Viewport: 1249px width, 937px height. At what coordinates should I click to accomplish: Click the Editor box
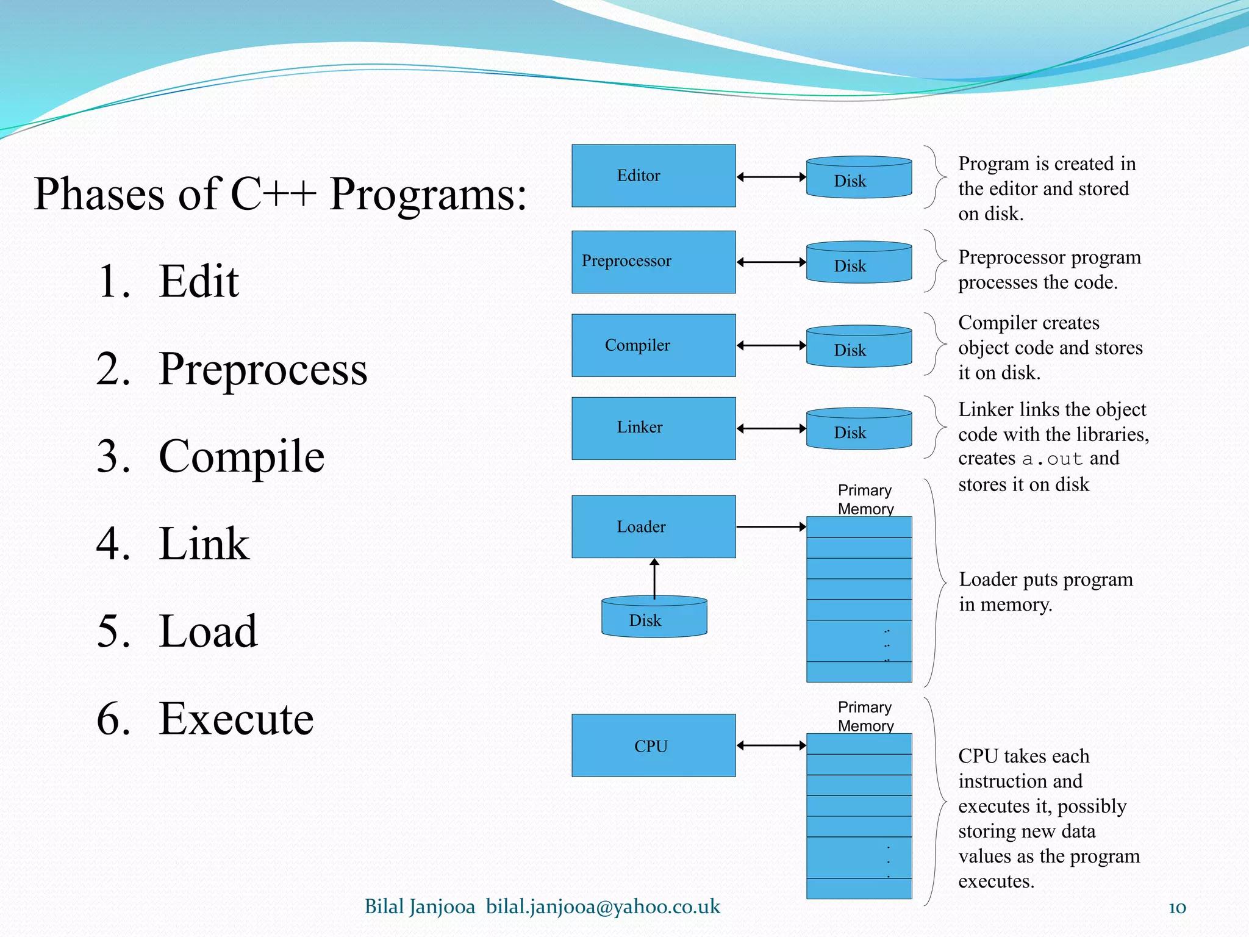[653, 176]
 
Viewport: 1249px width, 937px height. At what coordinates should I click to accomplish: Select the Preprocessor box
[653, 262]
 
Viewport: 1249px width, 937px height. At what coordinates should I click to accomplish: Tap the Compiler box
[653, 345]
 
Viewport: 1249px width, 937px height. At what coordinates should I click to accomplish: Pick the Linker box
[653, 428]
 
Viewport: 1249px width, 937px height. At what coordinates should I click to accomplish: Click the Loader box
[653, 526]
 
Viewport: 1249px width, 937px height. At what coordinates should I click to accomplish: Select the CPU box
[653, 745]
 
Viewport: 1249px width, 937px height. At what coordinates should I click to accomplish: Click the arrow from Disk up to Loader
[654, 578]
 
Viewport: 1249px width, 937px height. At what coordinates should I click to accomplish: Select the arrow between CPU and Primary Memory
[771, 745]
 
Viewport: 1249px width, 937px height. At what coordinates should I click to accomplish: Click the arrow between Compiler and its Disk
[771, 345]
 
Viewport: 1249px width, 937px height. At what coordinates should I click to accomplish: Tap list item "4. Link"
[173, 544]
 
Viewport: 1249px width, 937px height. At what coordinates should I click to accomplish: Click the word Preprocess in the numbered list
[263, 369]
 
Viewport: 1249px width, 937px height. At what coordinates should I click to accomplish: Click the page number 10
[1176, 908]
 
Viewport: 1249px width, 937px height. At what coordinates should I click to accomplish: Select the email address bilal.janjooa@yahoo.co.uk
[603, 906]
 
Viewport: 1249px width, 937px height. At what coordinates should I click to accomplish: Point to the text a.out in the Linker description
[1052, 459]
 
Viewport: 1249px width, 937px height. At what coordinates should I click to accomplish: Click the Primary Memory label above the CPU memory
[865, 716]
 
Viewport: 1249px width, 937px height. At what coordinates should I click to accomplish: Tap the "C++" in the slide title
[273, 194]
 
